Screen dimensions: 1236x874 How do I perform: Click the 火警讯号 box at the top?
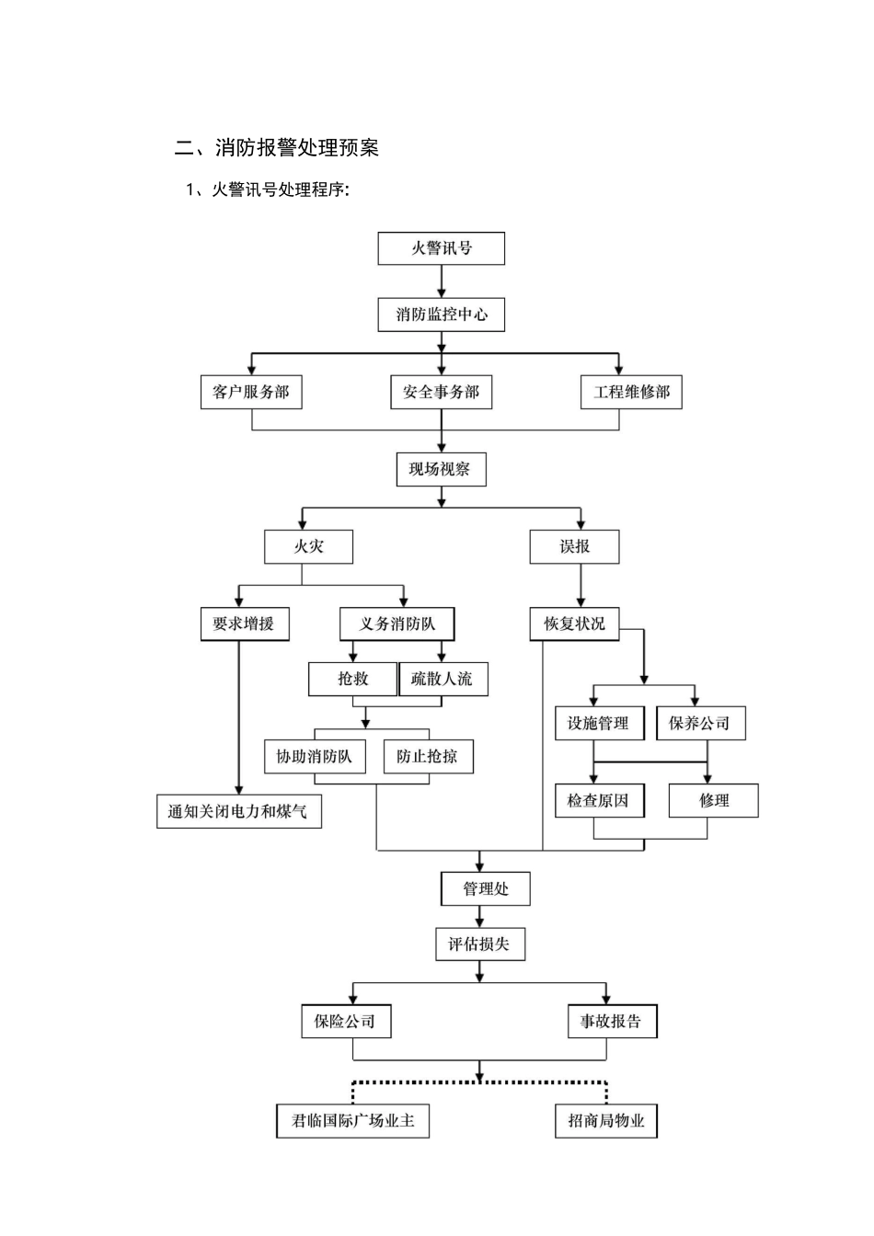tap(442, 248)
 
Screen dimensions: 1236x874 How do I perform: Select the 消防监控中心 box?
tap(442, 315)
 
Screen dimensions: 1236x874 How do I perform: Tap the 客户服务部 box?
tap(251, 392)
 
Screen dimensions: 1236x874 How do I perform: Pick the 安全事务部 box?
tap(442, 392)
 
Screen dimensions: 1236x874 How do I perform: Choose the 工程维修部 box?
tap(632, 392)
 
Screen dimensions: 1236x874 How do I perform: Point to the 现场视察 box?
tap(441, 469)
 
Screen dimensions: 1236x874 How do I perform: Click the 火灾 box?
tap(308, 546)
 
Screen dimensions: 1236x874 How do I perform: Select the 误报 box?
tap(575, 546)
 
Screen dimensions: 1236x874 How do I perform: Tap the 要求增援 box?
tap(244, 624)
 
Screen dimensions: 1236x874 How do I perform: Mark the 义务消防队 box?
tap(397, 624)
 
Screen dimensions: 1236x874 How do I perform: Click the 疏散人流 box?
tap(443, 679)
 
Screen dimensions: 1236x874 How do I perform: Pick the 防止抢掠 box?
tap(428, 756)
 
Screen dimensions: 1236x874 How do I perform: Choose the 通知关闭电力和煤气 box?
tap(239, 811)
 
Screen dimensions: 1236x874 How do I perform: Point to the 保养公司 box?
tap(700, 723)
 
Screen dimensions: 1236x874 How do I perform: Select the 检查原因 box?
tap(599, 800)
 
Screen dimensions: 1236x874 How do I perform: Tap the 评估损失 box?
tap(479, 944)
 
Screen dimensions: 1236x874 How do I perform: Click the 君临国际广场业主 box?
tap(353, 1120)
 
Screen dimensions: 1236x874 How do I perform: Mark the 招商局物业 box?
tap(606, 1120)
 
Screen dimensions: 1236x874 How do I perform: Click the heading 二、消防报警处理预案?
tap(277, 148)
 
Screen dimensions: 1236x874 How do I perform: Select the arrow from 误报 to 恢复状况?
tap(580, 585)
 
